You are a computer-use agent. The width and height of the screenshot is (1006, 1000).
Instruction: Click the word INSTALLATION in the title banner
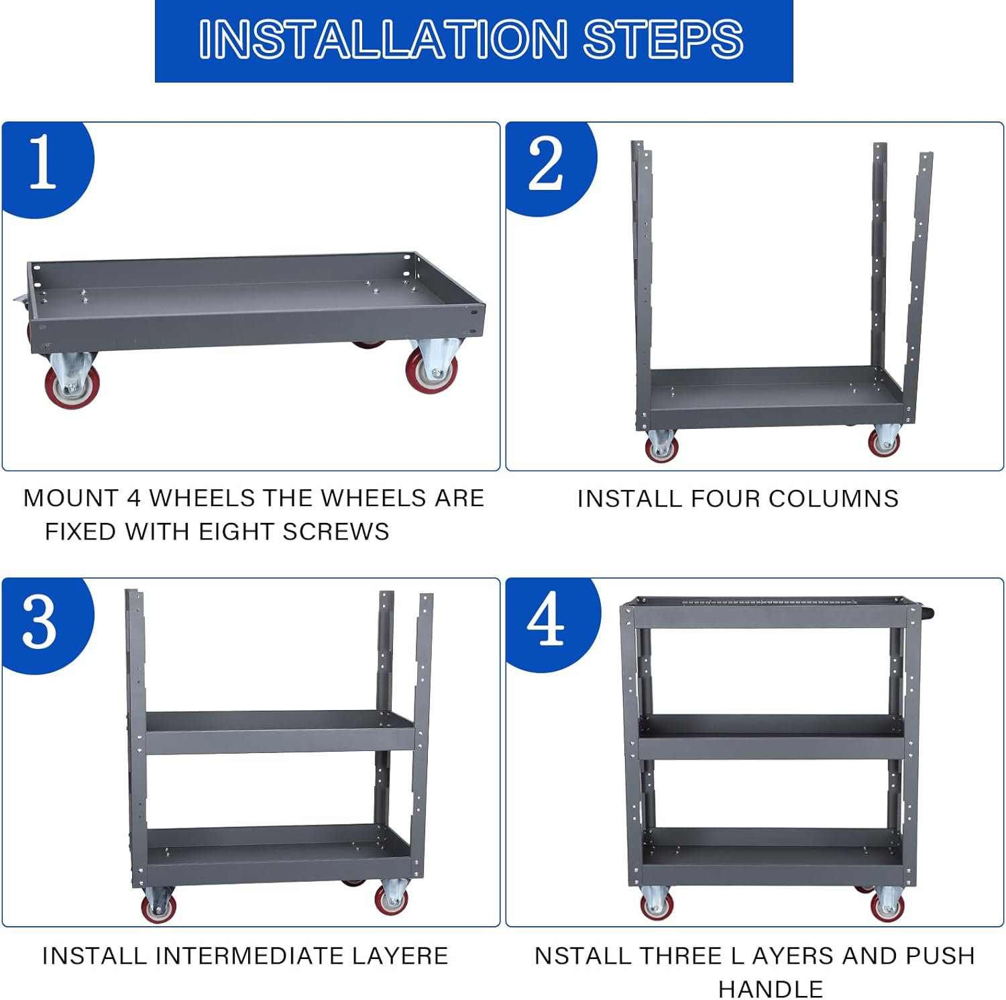click(383, 39)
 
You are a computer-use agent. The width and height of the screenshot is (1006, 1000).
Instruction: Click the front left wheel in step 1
click(71, 383)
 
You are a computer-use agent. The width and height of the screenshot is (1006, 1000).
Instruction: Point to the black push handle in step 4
click(926, 613)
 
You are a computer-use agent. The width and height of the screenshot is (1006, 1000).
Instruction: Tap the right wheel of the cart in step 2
click(885, 441)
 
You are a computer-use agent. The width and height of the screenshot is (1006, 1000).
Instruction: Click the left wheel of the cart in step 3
click(158, 905)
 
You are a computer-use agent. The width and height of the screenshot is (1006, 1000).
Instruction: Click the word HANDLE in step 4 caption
click(771, 989)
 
